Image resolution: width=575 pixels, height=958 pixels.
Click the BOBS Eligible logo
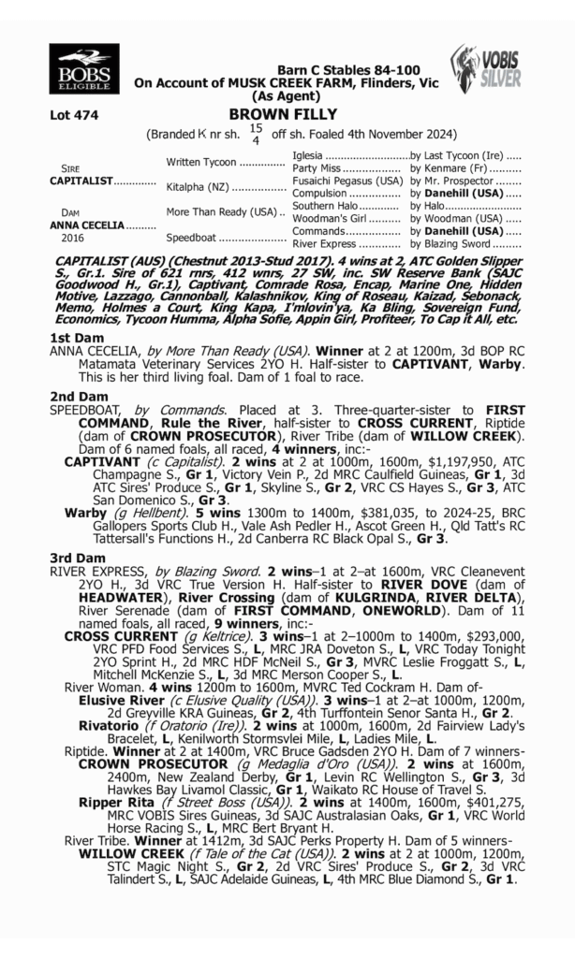(84, 70)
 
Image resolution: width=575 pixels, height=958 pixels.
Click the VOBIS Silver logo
(485, 70)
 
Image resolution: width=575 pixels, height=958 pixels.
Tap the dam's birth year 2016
(63, 238)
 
